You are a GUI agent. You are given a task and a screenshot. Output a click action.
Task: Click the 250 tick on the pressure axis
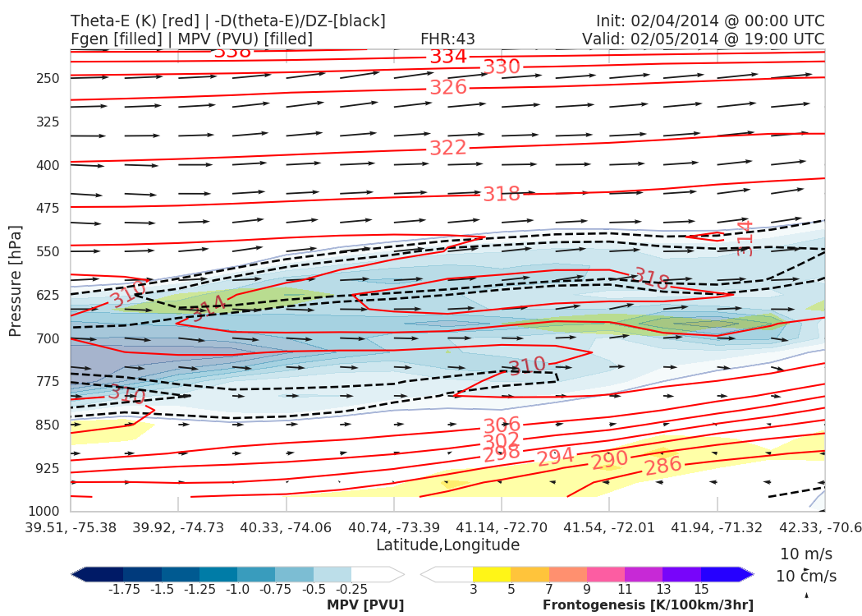48,78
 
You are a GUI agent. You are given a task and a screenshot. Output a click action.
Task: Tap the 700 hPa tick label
48,338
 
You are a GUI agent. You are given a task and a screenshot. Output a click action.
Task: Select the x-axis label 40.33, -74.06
286,526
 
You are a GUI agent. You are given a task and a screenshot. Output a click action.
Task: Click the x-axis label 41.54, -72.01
609,526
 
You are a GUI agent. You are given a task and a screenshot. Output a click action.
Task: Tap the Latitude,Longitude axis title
447,545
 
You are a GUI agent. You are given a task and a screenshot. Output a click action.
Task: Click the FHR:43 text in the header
447,39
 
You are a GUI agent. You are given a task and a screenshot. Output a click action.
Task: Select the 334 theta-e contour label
448,57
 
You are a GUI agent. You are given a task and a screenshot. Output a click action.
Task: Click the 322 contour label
448,148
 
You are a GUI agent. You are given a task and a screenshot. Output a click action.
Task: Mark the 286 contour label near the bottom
663,466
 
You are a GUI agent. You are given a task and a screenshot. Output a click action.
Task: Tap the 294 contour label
556,457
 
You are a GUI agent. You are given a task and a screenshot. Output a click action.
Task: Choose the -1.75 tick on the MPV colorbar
123,589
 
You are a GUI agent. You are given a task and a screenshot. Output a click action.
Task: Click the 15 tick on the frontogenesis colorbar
701,589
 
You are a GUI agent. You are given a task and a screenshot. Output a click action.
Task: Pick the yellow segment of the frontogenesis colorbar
492,574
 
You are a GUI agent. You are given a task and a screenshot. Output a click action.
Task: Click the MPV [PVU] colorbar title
365,605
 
